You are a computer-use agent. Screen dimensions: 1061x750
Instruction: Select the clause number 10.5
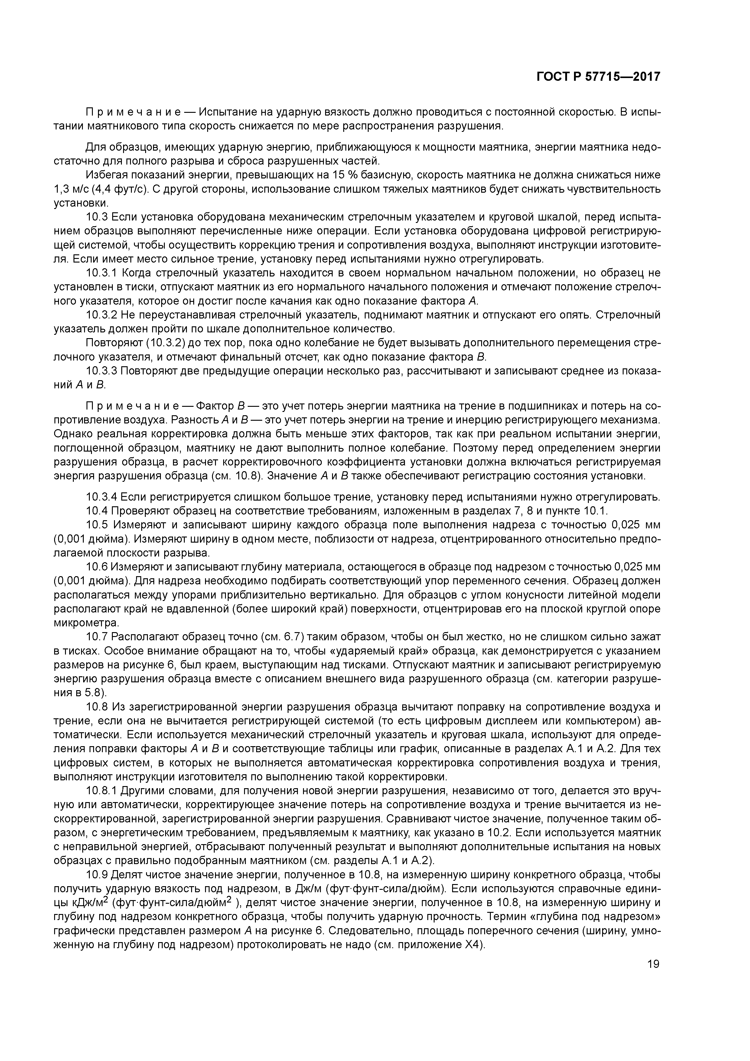click(97, 525)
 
